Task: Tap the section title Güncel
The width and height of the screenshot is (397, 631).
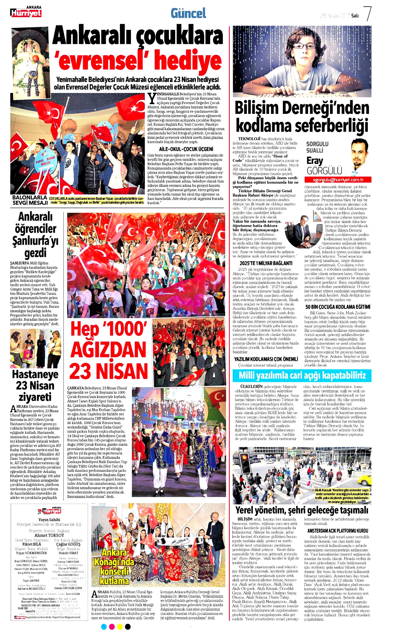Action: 188,13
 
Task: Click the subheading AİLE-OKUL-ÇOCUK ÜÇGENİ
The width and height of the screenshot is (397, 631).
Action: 186,149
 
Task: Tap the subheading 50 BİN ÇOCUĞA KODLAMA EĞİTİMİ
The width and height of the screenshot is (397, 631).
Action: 338,307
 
